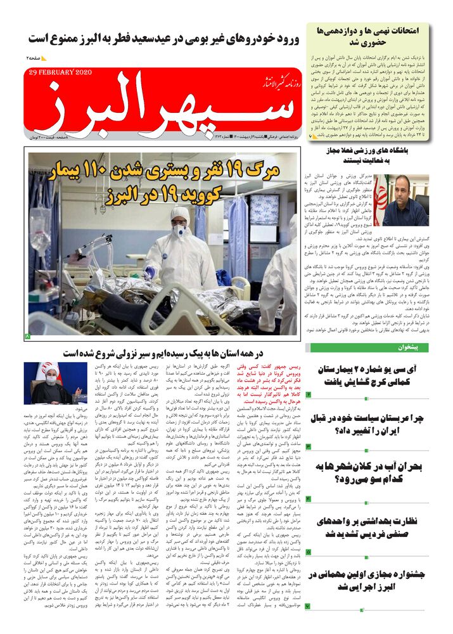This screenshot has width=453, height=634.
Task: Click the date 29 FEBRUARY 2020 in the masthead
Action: [60, 72]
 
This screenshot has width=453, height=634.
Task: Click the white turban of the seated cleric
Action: [50, 370]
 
